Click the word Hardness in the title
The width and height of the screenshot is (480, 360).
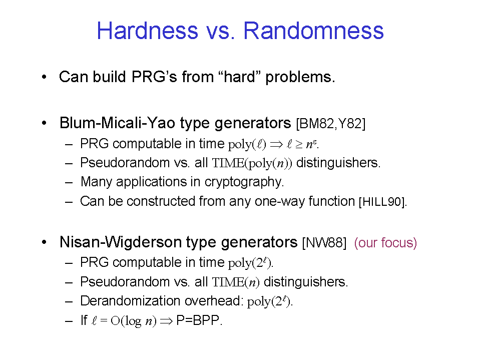148,31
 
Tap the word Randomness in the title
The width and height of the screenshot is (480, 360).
313,31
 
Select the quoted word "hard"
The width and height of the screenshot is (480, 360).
240,77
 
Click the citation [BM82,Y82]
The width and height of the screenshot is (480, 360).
331,123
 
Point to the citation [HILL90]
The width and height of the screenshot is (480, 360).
383,202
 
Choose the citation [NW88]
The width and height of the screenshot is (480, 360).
324,243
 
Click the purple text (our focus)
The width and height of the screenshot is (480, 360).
385,243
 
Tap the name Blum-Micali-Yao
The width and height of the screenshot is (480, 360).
118,123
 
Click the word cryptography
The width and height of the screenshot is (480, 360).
244,182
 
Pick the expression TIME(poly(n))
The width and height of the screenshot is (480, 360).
252,163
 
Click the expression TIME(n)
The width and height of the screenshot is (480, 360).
236,282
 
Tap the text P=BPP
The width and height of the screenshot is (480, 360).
199,320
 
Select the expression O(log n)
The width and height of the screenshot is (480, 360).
134,321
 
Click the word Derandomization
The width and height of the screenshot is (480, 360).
130,300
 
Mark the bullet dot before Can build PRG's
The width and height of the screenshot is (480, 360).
45,77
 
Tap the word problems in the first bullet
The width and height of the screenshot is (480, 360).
300,77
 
